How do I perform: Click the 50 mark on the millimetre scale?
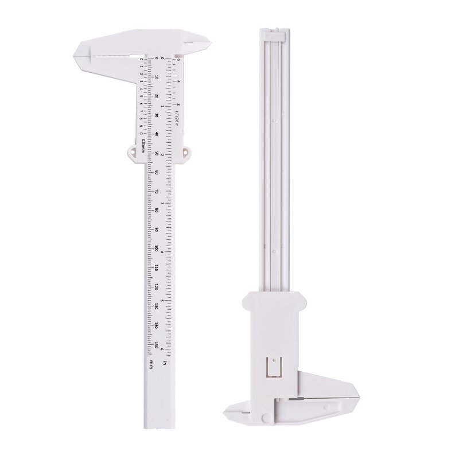point(157,153)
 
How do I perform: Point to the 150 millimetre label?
point(157,344)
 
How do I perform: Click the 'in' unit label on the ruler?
point(165,363)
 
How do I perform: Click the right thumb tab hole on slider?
point(185,151)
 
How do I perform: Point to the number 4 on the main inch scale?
point(163,251)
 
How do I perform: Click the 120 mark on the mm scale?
point(157,286)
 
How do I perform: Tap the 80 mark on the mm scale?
point(157,210)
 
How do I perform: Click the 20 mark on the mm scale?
point(157,96)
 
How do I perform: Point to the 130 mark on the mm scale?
point(157,306)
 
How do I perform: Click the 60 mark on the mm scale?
point(157,172)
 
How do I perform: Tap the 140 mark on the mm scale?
point(157,325)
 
